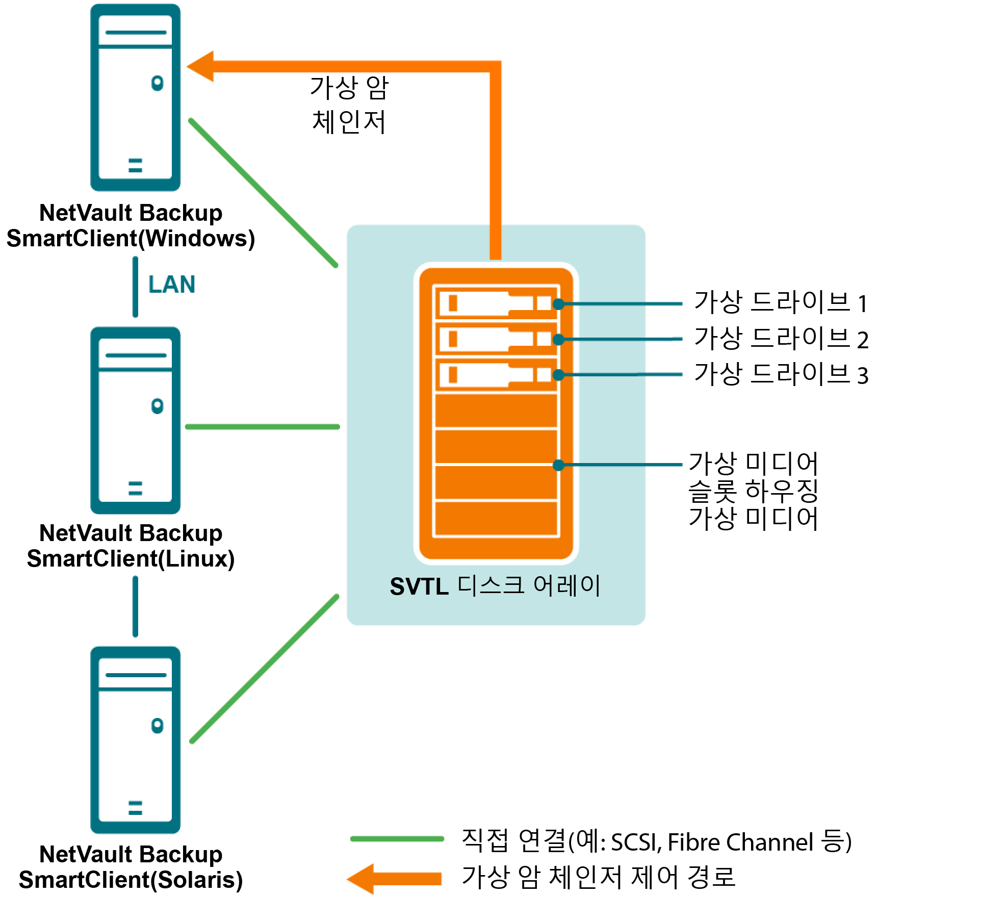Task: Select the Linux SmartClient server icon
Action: coord(135,420)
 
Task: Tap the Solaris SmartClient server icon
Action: coord(135,740)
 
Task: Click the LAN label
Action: coord(172,285)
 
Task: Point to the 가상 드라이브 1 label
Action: coord(781,302)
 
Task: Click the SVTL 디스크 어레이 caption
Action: coord(495,586)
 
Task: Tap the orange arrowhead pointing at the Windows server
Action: coord(201,66)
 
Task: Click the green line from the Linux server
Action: coord(263,427)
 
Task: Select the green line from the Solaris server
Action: coord(264,669)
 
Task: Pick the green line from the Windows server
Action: coord(263,193)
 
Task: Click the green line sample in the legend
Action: coord(397,839)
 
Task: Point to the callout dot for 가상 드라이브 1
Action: coord(559,304)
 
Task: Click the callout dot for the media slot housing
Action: coord(559,465)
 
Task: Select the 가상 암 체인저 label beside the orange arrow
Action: coord(349,105)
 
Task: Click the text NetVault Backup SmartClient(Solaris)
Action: coord(131,867)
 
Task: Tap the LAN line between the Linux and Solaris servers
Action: coord(135,606)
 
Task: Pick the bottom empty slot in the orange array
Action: coord(496,519)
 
